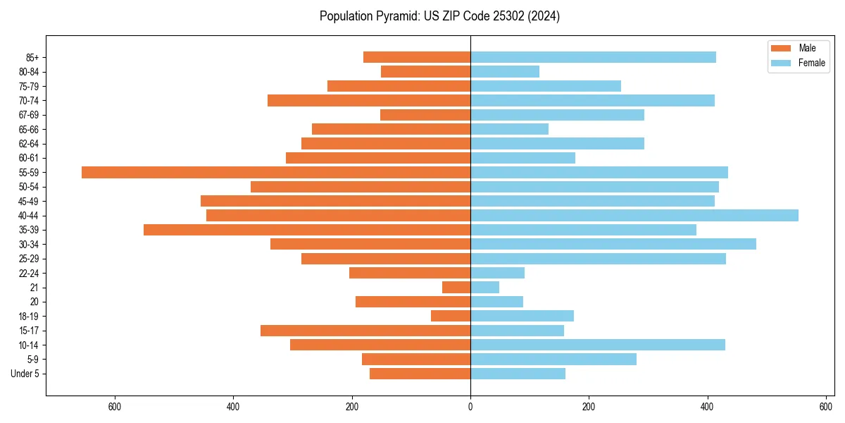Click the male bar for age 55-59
[x=276, y=173]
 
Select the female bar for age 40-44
[x=634, y=216]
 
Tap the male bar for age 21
[x=456, y=288]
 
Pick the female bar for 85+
[x=593, y=58]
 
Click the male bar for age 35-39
[x=307, y=230]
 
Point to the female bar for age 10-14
[x=597, y=345]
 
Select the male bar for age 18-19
[x=451, y=316]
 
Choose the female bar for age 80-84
[x=505, y=72]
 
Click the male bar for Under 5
[x=420, y=374]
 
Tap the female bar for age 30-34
[x=613, y=245]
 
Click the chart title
[x=439, y=16]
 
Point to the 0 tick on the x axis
[x=470, y=406]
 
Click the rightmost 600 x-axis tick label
[x=826, y=406]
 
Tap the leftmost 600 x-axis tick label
[x=115, y=406]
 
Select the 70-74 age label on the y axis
[x=29, y=101]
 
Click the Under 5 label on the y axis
[x=25, y=374]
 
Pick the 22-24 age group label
[x=29, y=274]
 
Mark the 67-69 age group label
[x=29, y=115]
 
